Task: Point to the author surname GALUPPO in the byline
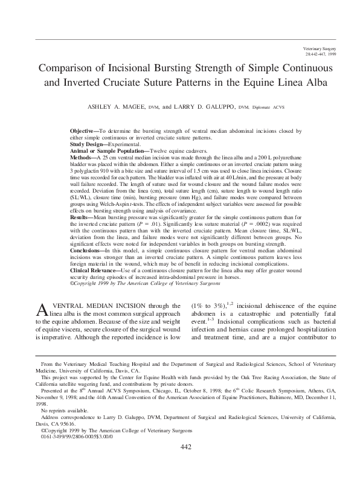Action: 221,107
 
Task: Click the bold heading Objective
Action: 83,130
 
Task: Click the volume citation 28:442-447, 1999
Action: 324,53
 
